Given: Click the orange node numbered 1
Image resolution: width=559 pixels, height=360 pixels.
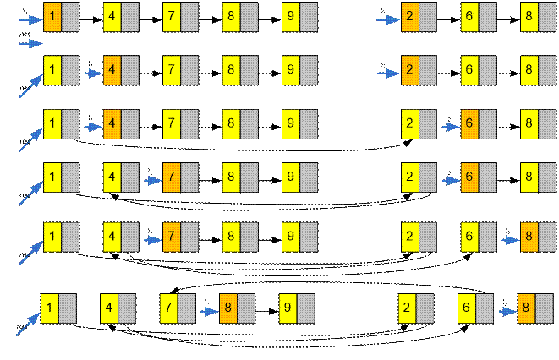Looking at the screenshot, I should [52, 15].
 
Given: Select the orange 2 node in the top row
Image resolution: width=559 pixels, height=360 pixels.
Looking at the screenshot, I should [410, 15].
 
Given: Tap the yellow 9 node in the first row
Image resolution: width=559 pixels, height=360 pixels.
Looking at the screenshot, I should [291, 15].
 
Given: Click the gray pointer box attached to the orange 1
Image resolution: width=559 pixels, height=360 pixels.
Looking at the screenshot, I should [70, 15].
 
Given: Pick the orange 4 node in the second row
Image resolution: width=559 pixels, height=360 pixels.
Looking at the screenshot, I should [112, 70].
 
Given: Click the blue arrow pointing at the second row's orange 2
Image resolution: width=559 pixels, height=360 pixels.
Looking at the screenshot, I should [387, 73].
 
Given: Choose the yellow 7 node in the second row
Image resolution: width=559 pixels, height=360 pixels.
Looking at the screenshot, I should [172, 70].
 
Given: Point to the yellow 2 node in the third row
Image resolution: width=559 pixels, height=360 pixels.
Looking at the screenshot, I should [410, 124].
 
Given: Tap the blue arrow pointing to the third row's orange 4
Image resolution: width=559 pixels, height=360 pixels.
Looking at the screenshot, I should [92, 127].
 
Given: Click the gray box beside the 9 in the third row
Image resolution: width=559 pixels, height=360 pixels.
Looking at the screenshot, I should [309, 124].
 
